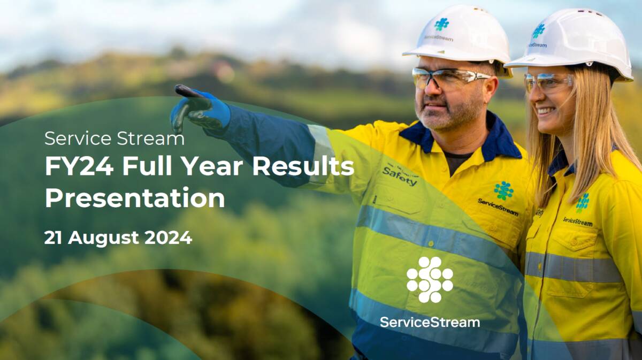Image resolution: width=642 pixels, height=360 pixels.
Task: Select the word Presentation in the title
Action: point(135,198)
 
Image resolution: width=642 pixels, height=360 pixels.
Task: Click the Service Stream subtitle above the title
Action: point(114,139)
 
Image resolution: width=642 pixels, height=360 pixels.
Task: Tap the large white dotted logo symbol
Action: point(430,279)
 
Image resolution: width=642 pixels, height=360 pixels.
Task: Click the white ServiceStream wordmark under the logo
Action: point(430,322)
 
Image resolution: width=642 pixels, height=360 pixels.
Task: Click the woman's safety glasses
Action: point(547,82)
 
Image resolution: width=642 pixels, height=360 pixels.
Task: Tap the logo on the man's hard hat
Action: point(441,24)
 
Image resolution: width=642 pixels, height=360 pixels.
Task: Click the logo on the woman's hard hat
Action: point(538,32)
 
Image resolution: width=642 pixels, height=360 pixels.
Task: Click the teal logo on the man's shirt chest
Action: point(503,190)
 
